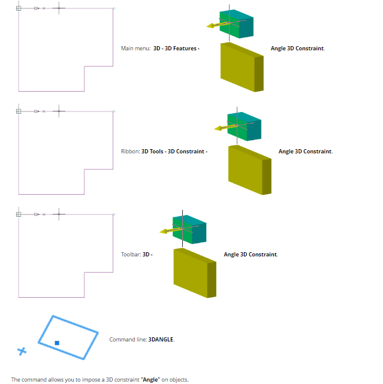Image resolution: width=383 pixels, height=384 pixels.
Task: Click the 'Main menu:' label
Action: [x=135, y=49]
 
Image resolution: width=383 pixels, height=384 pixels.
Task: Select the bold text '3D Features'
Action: [x=180, y=49]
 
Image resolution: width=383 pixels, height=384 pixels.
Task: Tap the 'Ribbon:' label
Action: [x=130, y=152]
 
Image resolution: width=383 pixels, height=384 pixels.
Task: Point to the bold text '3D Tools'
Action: [x=153, y=152]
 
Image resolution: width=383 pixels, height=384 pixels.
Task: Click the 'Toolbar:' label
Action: [x=131, y=255]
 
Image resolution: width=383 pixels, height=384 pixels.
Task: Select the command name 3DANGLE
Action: [x=161, y=340]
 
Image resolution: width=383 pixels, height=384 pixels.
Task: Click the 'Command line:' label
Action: [x=128, y=340]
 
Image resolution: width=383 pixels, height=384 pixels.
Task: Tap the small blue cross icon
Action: [x=22, y=351]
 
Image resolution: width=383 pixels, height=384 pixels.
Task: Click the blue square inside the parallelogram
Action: [x=57, y=343]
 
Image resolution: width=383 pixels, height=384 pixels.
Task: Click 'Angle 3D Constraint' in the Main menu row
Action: [x=297, y=49]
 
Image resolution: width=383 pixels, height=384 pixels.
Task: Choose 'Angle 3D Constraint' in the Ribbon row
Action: [x=305, y=152]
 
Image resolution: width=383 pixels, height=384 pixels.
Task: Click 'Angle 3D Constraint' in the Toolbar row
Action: [x=251, y=255]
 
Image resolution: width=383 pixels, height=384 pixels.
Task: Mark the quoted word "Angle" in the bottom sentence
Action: [x=150, y=379]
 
